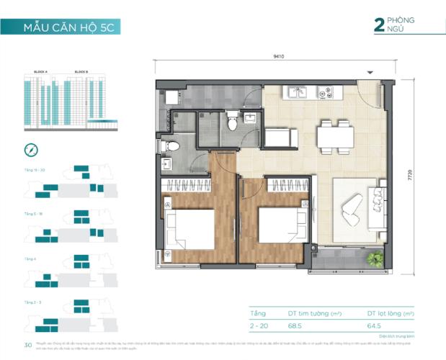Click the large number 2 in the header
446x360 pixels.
[x=378, y=25]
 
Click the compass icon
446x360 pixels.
[x=30, y=150]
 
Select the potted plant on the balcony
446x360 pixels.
[x=373, y=258]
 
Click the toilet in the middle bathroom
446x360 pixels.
[x=232, y=122]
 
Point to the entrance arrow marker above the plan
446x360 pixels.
[x=370, y=72]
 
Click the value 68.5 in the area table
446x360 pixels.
[x=295, y=327]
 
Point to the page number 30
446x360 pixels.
[x=28, y=346]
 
